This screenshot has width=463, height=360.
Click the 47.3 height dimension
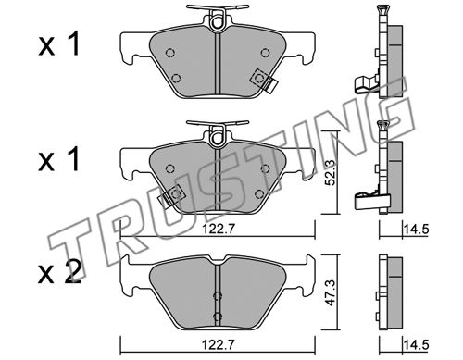[331, 292]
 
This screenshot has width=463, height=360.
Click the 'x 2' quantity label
[60, 271]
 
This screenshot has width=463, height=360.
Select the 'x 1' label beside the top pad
[59, 43]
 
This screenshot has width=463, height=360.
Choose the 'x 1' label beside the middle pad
[59, 158]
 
